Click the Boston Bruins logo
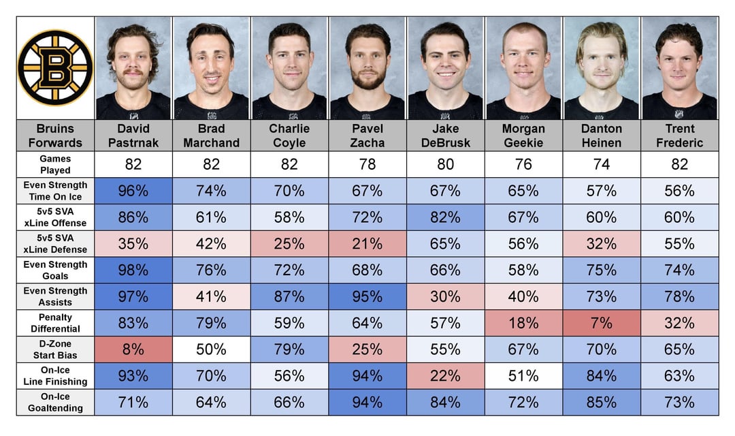coord(55,67)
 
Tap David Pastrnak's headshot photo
coord(133,67)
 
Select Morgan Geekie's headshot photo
coord(523,67)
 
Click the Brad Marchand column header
coord(212,136)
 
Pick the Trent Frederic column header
coord(679,136)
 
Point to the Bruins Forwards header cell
coord(55,136)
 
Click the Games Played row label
coord(55,164)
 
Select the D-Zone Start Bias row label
coord(55,349)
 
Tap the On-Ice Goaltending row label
coord(55,402)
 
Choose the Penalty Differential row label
coord(55,323)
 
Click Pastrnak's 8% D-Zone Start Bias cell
coord(133,349)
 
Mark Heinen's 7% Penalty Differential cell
coord(602,323)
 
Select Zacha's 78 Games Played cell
coord(367,164)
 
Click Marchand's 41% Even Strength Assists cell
coord(212,296)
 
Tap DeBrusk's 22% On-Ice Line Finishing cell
coord(445,375)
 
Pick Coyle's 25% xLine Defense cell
coord(289,244)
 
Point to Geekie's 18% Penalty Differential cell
coord(523,323)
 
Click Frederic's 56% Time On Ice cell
coord(679,191)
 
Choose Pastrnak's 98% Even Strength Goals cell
coord(133,270)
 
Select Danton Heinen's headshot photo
coord(602,67)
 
